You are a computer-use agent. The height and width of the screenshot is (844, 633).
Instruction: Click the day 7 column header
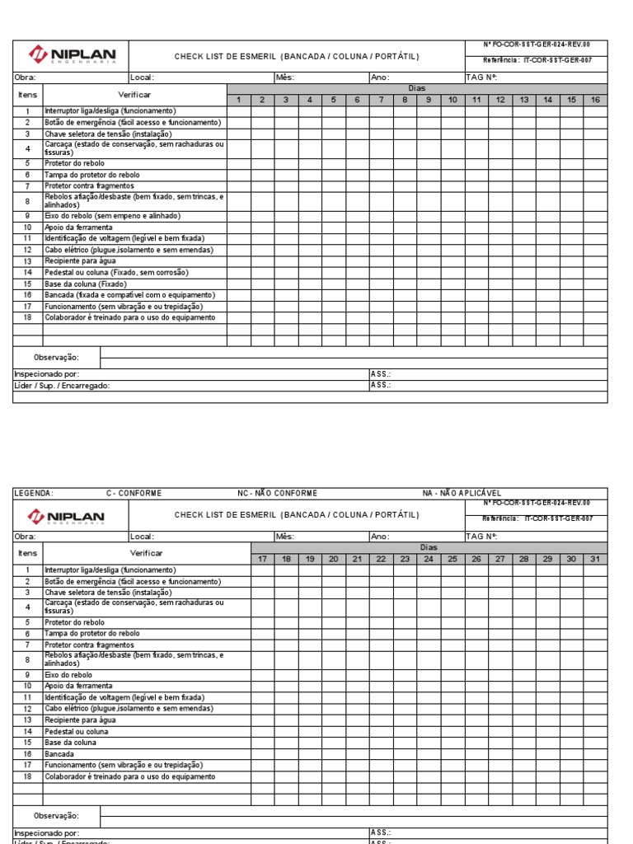coord(381,100)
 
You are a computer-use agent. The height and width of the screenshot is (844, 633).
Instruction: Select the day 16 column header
coord(595,100)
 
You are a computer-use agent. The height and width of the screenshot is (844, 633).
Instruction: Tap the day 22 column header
coord(381,559)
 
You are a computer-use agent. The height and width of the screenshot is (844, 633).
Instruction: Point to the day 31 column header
coord(595,559)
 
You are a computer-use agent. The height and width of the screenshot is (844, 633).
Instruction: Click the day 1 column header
coord(238,100)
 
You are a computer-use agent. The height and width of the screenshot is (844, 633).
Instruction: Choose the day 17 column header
coord(262,559)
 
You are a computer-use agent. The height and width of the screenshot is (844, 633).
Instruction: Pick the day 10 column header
coord(452,100)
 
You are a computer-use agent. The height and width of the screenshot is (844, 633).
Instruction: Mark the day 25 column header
coord(452,559)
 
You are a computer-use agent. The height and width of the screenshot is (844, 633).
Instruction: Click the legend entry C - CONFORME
coord(134,494)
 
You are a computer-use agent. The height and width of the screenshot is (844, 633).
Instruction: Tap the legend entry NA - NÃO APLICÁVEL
coord(462,494)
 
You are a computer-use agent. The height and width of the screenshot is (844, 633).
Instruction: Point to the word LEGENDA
coord(34,494)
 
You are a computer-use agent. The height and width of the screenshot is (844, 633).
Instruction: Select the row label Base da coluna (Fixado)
coord(86,284)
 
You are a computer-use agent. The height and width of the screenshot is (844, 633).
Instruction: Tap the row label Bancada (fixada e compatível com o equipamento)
coord(129,295)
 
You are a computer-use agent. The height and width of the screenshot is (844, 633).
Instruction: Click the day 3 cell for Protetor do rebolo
coord(286,163)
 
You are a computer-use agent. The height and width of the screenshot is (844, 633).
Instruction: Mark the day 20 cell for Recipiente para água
coord(334,720)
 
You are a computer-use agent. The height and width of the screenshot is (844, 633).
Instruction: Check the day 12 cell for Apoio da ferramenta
coord(500,227)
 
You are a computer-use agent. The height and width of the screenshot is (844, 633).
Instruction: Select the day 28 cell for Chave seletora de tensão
coord(524,592)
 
